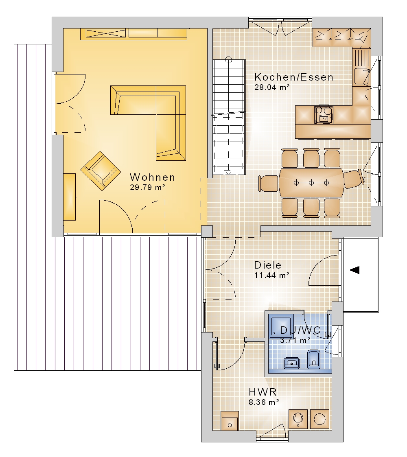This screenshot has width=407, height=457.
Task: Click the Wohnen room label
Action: click(x=153, y=177)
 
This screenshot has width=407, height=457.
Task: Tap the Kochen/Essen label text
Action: click(x=294, y=77)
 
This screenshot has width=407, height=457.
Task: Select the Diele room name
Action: click(x=268, y=265)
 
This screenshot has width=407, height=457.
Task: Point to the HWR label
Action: click(x=263, y=392)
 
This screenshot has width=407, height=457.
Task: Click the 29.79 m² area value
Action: click(x=148, y=188)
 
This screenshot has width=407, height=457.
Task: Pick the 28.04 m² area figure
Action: click(x=272, y=87)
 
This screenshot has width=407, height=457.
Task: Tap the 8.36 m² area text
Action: click(x=264, y=402)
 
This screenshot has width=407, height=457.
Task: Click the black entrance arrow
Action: click(x=354, y=270)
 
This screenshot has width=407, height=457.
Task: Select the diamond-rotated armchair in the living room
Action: click(x=101, y=171)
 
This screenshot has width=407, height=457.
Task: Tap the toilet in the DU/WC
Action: click(x=314, y=359)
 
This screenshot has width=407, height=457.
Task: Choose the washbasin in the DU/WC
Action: click(x=292, y=363)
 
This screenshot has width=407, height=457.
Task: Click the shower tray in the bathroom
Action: click(x=281, y=326)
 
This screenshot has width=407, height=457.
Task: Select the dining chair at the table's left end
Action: click(x=269, y=184)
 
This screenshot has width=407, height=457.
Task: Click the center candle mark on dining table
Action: click(x=311, y=183)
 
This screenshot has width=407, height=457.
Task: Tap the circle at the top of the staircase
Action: click(x=229, y=60)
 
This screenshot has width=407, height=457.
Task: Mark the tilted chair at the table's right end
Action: click(x=354, y=178)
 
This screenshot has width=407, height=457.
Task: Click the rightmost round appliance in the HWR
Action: click(x=319, y=420)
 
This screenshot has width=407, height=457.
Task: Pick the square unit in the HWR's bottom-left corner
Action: click(x=230, y=420)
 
